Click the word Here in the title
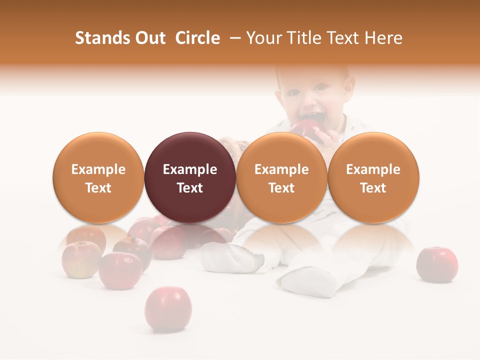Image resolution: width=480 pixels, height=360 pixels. click(x=383, y=38)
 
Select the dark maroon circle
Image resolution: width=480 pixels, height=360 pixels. click(x=190, y=177)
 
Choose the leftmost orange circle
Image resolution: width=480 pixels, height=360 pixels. click(x=98, y=177)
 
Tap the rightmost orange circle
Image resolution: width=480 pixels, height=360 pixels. click(x=373, y=177)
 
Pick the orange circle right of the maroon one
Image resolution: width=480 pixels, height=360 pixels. click(x=281, y=177)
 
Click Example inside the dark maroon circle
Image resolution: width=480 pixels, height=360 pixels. click(x=190, y=169)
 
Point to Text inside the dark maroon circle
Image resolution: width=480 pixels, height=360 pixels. click(x=190, y=188)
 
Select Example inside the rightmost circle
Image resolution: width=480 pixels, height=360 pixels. click(x=373, y=169)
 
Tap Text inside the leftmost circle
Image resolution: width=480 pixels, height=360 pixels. click(x=98, y=188)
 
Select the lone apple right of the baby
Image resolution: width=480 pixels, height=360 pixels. click(x=437, y=264)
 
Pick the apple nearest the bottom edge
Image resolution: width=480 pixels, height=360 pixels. click(x=168, y=308)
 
